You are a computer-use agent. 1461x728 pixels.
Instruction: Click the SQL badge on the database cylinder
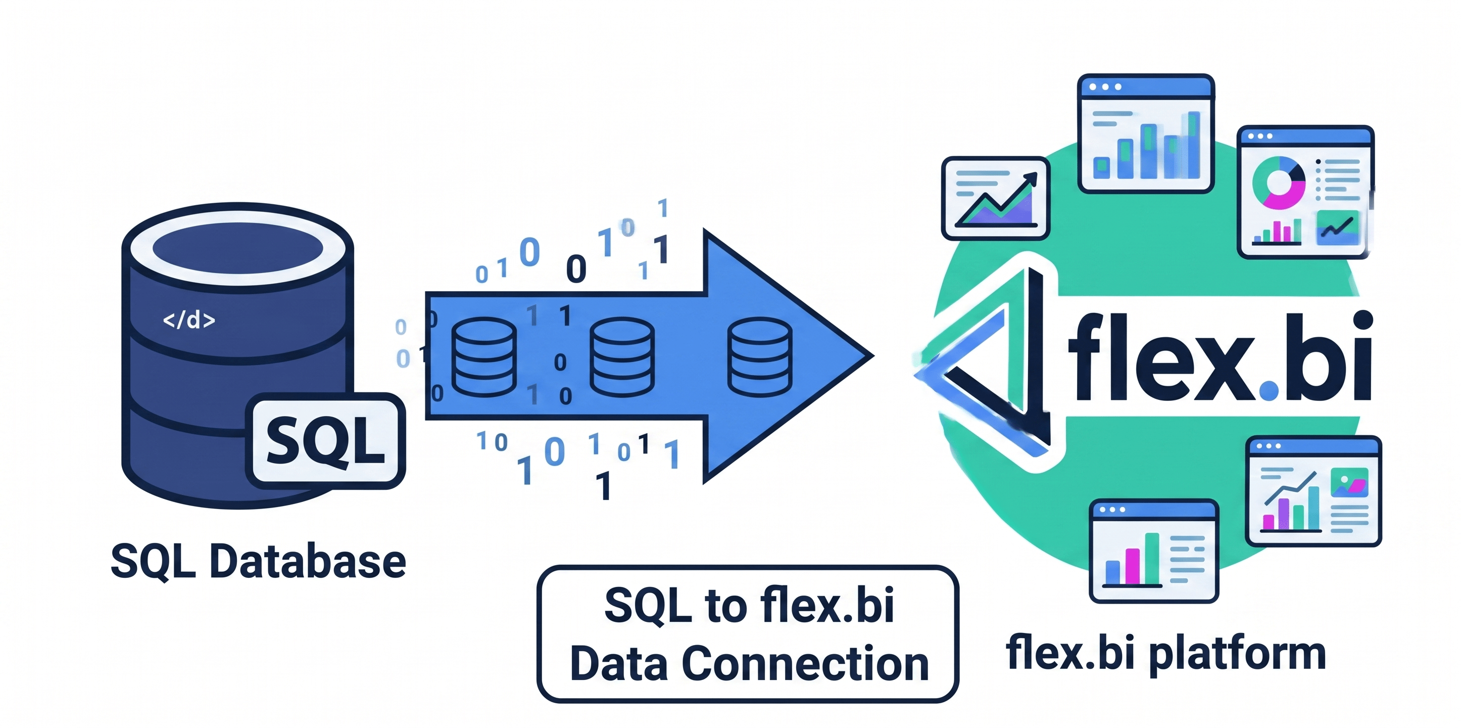pos(325,441)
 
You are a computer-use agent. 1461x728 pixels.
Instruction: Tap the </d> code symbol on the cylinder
pos(189,320)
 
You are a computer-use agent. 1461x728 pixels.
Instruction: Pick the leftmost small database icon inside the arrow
pos(484,357)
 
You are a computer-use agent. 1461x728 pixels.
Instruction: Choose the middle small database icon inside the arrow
pos(622,357)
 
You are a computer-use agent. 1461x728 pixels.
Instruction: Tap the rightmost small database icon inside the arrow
pos(759,357)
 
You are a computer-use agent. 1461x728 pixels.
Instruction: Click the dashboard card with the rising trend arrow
pos(995,198)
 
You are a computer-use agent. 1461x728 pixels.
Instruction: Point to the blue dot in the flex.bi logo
pos(1268,390)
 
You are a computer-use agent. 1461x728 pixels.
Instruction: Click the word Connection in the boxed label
pos(805,663)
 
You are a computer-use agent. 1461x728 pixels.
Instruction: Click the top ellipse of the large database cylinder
pos(237,248)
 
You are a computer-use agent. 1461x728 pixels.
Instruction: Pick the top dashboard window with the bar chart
pos(1146,133)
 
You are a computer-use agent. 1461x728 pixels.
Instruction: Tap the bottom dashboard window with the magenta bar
pos(1154,551)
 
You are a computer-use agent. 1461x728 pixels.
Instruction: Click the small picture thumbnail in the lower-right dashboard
pos(1349,482)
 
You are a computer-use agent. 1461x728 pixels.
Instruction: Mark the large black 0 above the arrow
pos(576,269)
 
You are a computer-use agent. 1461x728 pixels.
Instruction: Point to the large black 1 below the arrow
pos(604,486)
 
